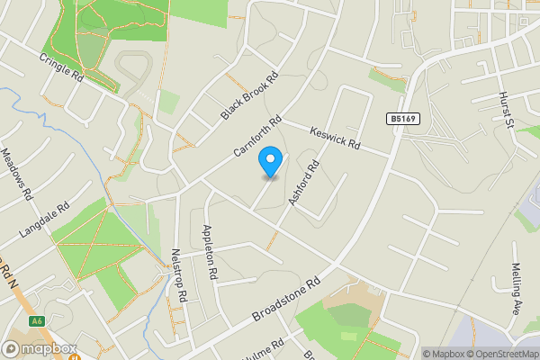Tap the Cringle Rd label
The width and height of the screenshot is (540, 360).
click(61, 67)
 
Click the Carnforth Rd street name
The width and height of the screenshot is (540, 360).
click(257, 138)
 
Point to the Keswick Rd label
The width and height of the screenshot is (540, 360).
click(335, 138)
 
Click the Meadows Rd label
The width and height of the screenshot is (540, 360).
click(17, 174)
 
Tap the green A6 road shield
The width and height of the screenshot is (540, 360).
click(36, 321)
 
